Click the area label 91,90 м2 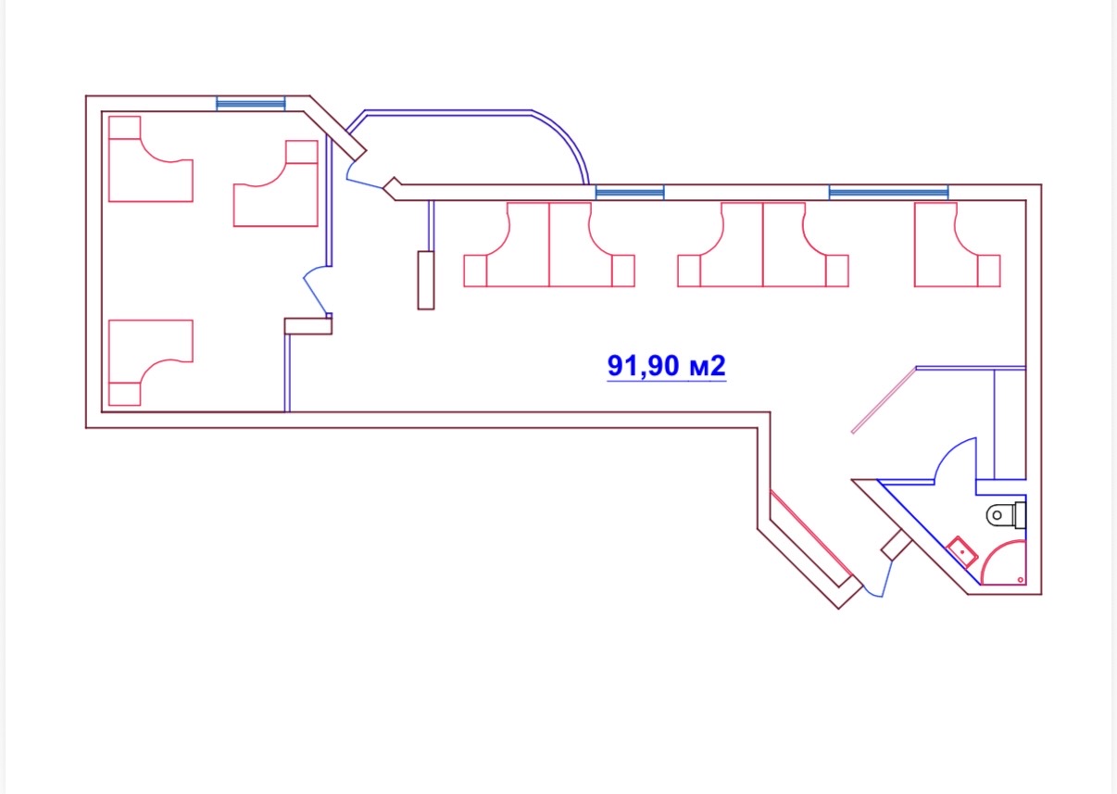(x=666, y=366)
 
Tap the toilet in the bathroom (x=1009, y=512)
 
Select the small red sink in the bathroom (x=962, y=552)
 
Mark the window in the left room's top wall (x=250, y=103)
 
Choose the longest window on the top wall (x=888, y=193)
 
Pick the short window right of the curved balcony (x=629, y=193)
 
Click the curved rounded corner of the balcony (x=568, y=141)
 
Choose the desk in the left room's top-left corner (x=148, y=162)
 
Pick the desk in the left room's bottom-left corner (x=148, y=363)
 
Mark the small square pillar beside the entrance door (x=896, y=545)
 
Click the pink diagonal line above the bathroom (x=883, y=400)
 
